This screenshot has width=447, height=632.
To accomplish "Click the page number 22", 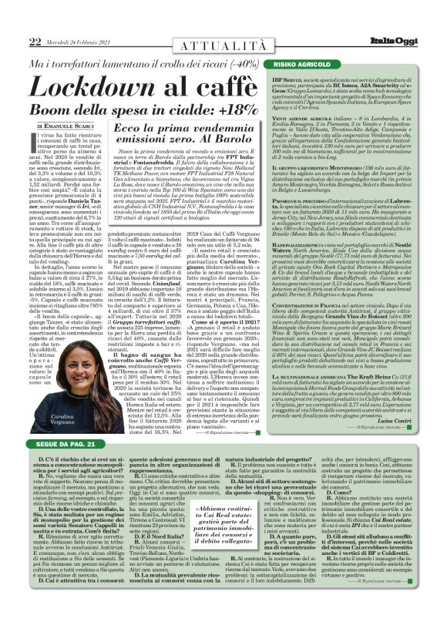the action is pyautogui.click(x=15, y=19).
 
